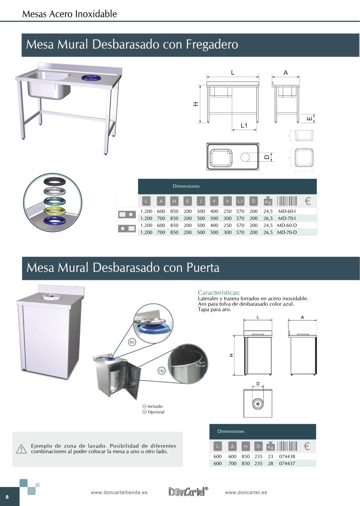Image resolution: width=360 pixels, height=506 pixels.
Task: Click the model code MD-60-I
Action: click(287, 211)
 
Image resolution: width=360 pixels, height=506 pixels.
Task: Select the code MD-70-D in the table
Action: click(287, 232)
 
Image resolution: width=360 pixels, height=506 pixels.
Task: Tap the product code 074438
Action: click(287, 456)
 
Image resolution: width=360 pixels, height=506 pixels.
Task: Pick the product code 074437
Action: click(287, 463)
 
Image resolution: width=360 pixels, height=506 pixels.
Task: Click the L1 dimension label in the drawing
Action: click(244, 126)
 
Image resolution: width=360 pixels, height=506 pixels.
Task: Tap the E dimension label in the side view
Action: click(310, 118)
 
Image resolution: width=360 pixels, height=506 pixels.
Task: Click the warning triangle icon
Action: click(21, 449)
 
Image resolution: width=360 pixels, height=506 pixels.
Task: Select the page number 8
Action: click(7, 497)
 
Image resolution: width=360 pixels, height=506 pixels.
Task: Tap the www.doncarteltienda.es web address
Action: click(119, 493)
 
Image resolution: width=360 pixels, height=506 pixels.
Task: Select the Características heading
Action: click(219, 293)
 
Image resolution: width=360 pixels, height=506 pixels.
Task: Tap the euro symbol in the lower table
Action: click(306, 446)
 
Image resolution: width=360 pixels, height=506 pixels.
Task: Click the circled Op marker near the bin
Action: click(161, 370)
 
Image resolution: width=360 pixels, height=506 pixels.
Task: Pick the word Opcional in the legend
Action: click(156, 412)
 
